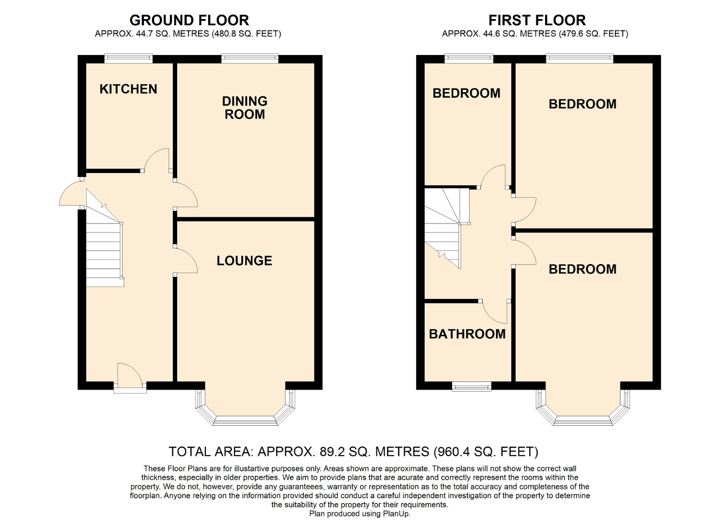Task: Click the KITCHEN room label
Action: pos(128,89)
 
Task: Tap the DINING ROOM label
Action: pos(244,107)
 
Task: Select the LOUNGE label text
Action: pos(244,261)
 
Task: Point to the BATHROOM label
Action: pos(467,334)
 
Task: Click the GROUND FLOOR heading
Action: pos(189,20)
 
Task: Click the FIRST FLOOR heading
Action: pos(537,20)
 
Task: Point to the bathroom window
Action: pos(472,386)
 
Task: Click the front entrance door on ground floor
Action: pos(129,378)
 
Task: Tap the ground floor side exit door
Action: pos(70,194)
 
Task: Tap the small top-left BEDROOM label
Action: pos(466,93)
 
